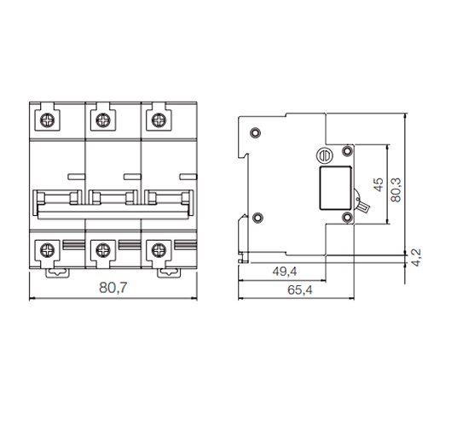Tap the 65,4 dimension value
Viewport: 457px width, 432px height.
click(298, 290)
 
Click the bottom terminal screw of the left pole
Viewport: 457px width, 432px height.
click(48, 250)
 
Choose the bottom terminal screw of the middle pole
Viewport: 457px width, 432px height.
click(102, 250)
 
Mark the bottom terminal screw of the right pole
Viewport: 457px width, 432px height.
click(157, 250)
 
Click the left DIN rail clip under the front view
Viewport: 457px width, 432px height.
click(57, 272)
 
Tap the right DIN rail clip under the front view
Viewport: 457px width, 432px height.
click(167, 272)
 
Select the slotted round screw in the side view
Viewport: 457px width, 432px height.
click(323, 156)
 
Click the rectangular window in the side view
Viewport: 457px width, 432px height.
click(334, 188)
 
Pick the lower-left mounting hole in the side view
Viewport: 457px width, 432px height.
click(255, 216)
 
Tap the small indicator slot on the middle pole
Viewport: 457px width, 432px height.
click(131, 176)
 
